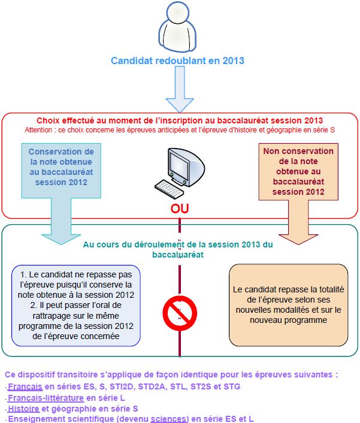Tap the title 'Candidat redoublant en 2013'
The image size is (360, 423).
[x=177, y=61]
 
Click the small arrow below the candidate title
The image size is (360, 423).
[x=179, y=89]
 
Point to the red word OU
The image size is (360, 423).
[x=180, y=209]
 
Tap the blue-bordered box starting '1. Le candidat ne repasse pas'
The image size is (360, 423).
[x=75, y=306]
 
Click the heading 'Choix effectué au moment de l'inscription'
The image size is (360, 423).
[x=180, y=120]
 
